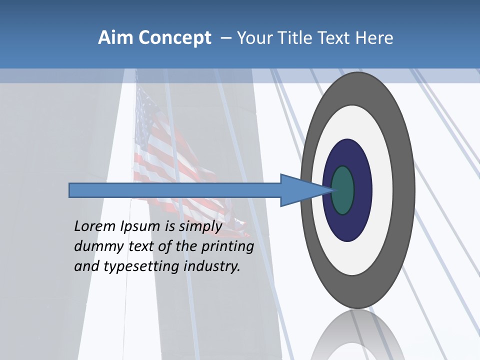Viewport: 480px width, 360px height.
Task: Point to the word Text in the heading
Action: pyautogui.click(x=337, y=38)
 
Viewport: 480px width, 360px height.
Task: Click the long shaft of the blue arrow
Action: pyautogui.click(x=175, y=190)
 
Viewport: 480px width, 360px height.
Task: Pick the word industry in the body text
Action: pyautogui.click(x=212, y=266)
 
